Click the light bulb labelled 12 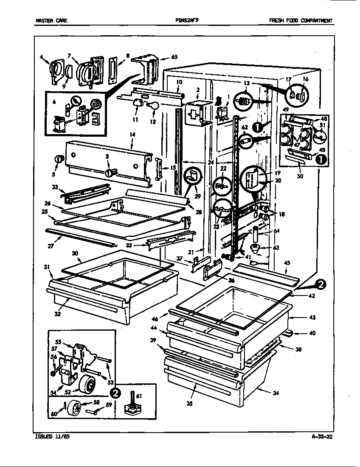pos(154,106)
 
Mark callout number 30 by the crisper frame pos(75,253)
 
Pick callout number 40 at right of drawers pos(312,333)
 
